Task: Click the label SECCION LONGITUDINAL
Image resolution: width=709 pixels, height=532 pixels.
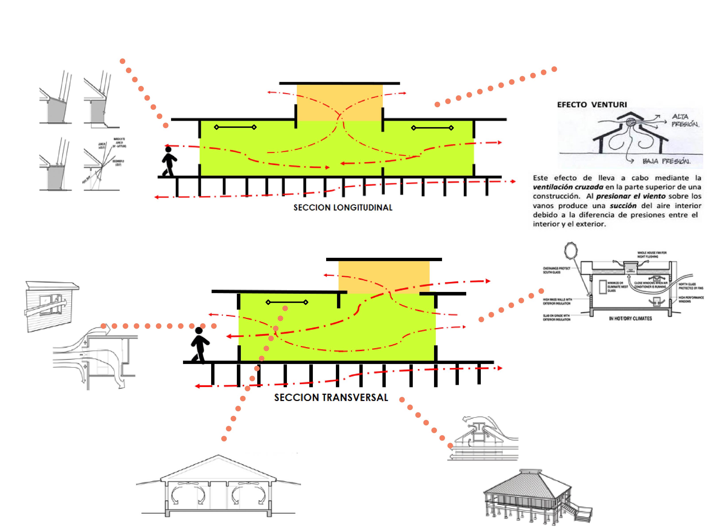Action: point(343,207)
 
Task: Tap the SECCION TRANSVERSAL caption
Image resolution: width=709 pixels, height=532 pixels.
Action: point(331,398)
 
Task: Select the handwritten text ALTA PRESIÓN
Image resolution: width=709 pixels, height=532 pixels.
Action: point(684,120)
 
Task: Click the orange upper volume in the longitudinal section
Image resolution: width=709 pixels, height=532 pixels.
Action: point(339,102)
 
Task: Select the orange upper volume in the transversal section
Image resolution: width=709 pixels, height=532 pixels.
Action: point(384,276)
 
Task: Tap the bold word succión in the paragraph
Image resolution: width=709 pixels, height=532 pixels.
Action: point(623,205)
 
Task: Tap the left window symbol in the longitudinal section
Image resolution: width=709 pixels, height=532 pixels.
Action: point(235,127)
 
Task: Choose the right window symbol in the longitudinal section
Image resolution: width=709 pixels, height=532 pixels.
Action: point(432,128)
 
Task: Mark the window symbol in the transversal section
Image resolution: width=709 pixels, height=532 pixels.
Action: point(287,302)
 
